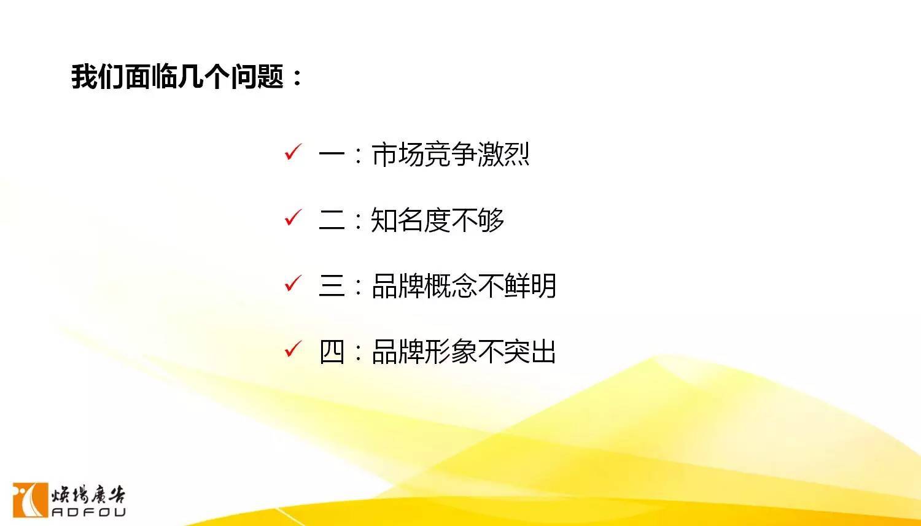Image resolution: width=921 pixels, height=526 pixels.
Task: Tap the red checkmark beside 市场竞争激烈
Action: point(293,152)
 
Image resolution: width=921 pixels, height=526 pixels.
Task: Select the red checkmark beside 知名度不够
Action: point(293,218)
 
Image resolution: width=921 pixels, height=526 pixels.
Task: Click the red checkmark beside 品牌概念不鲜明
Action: point(293,284)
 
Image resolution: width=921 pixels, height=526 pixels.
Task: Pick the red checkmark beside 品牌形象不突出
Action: point(293,349)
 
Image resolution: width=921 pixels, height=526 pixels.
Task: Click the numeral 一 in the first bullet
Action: point(332,155)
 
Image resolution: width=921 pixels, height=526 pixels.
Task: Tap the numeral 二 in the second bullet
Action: point(332,220)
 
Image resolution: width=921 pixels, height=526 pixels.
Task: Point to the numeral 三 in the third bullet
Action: point(332,286)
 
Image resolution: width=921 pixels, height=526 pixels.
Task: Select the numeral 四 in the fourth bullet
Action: point(332,352)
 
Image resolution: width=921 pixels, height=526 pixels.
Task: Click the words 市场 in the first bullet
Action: point(398,155)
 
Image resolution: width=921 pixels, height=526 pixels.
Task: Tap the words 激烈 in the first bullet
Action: point(503,155)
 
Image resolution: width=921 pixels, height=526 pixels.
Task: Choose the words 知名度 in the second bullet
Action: point(411,220)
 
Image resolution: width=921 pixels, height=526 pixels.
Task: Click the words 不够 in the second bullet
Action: point(477,220)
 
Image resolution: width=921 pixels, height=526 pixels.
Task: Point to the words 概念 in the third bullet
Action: point(450,286)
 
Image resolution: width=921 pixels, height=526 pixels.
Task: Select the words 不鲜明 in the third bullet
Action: point(516,286)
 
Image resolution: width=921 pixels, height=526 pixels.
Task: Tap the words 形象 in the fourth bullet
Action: point(450,352)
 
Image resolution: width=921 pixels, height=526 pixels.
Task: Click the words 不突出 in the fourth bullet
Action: point(516,352)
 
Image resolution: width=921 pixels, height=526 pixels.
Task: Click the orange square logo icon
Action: point(31,500)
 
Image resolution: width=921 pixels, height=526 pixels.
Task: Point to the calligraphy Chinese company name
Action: point(88,495)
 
